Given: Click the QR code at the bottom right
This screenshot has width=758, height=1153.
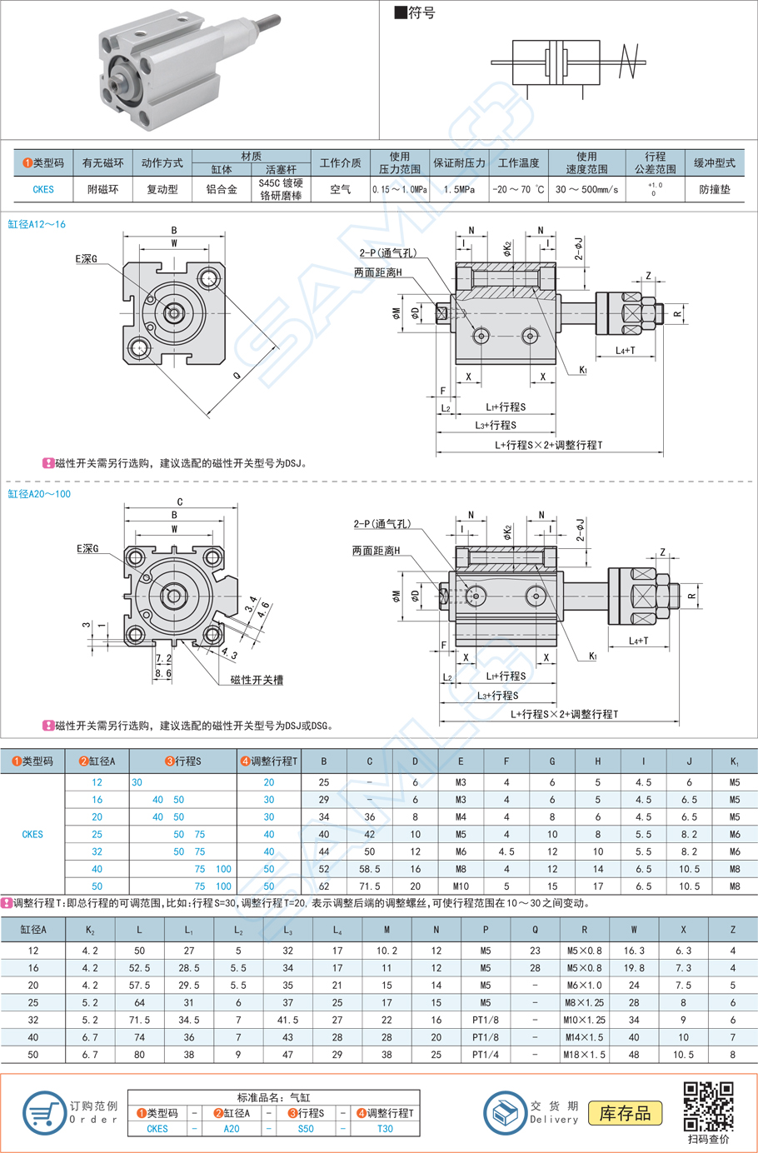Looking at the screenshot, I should coord(708,1106).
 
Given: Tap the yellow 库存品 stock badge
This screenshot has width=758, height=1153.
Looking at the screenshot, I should coord(626,1113).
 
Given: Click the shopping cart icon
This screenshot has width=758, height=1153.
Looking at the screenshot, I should coord(43,1113).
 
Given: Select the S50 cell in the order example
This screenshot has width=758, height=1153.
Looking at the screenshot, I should coord(306,1129).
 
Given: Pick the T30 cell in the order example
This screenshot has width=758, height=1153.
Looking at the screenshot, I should coord(385,1129).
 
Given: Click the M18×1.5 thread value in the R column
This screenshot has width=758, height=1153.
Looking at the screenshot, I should coord(584,1055).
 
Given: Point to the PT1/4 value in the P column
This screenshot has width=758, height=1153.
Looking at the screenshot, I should coord(485,1055).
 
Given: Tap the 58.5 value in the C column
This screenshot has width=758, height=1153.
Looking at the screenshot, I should coord(370,869).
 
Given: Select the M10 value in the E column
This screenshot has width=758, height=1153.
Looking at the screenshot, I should coord(461,886).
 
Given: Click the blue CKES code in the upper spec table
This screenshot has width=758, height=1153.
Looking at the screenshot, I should coord(43,189).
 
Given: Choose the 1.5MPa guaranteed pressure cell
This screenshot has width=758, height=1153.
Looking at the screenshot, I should coord(459,189).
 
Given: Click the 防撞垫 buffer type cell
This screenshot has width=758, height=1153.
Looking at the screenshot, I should coord(714,189).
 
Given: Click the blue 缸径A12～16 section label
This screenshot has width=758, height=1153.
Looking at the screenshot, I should coord(37,224).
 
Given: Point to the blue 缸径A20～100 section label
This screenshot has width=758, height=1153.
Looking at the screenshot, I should coord(39,494).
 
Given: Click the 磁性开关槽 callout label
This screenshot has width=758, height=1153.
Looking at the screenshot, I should coord(257,680).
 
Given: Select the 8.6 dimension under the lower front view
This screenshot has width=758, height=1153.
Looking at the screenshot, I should coord(163,673).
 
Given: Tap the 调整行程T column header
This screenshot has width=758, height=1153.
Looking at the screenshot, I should coord(269,761).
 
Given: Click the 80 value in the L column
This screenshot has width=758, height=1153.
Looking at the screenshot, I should coord(139,1055).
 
